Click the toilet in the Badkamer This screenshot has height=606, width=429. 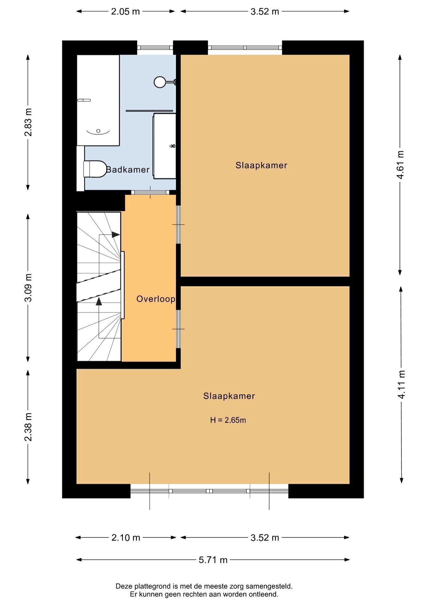click(95, 169)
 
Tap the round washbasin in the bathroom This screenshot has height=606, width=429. click(160, 82)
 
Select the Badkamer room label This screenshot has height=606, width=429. click(128, 170)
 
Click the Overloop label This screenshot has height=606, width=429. click(156, 299)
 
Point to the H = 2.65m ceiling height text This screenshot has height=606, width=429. click(228, 420)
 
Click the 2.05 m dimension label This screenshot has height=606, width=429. click(125, 11)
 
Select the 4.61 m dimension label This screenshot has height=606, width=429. click(400, 165)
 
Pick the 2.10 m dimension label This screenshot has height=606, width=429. click(126, 538)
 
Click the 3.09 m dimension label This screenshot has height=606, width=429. click(28, 288)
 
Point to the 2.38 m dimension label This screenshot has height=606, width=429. click(28, 427)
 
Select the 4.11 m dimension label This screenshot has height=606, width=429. click(402, 384)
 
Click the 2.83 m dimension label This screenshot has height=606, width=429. click(28, 122)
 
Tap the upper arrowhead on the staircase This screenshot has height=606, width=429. click(116, 235)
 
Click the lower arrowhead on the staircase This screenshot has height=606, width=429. click(99, 301)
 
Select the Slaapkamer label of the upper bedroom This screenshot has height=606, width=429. click(261, 165)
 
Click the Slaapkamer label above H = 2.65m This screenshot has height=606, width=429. click(229, 396)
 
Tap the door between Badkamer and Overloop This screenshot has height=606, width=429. click(150, 193)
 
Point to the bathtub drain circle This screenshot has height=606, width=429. click(98, 131)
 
